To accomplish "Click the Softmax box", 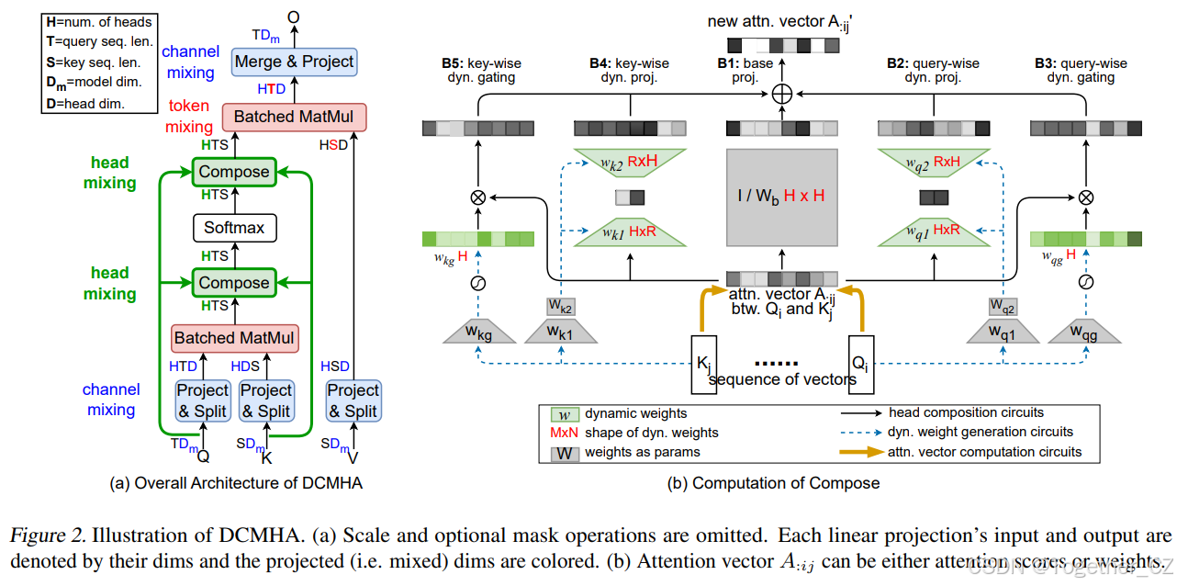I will coord(234,227).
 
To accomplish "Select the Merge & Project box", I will coord(294,62).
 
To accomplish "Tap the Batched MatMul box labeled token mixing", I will coord(294,117).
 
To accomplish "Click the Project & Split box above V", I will coord(353,400).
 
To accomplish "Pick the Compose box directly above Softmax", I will coord(234,172).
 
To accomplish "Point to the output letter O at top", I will coord(294,16).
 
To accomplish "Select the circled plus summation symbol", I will coord(782,93).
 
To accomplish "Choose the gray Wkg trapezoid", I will coord(477,332).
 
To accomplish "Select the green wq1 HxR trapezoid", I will coord(934,232).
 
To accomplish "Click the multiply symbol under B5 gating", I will coord(477,197).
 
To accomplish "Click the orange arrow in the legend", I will coord(862,452).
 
